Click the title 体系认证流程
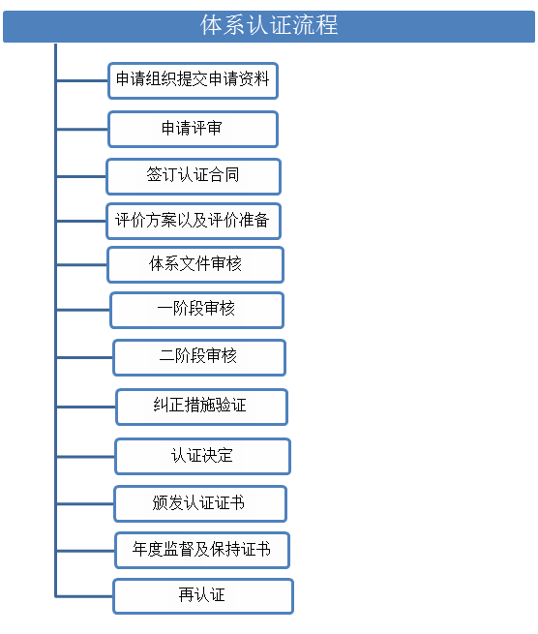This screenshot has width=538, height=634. click(x=269, y=26)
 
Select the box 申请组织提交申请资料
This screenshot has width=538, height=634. click(x=194, y=81)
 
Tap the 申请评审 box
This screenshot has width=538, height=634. click(x=194, y=130)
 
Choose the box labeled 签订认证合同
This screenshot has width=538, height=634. click(x=194, y=177)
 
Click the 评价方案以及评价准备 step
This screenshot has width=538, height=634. click(x=194, y=222)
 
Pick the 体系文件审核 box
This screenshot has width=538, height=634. click(x=195, y=265)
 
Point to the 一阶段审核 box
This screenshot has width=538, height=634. click(x=197, y=310)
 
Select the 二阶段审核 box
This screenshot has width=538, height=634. click(x=199, y=358)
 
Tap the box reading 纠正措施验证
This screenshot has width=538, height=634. click(x=201, y=408)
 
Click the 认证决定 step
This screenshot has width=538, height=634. click(x=203, y=457)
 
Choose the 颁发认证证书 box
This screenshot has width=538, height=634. click(x=201, y=503)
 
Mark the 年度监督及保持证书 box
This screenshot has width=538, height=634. click(x=202, y=551)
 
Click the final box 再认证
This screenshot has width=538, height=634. click(x=203, y=596)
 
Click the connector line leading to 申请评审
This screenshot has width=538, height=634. click(x=82, y=130)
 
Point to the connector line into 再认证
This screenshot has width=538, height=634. click(x=85, y=596)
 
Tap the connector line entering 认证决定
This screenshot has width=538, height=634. click(x=86, y=457)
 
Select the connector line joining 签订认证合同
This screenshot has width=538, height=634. click(x=81, y=177)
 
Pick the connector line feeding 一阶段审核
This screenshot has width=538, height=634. click(x=83, y=310)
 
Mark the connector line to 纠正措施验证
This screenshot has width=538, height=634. click(x=86, y=407)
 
